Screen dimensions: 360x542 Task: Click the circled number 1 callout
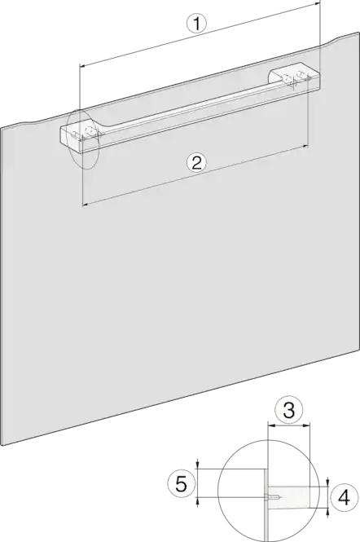pyautogui.click(x=196, y=24)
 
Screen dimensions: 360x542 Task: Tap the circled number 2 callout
pyautogui.click(x=196, y=162)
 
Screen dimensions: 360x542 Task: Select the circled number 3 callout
pyautogui.click(x=289, y=410)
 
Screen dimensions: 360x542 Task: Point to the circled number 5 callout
pyautogui.click(x=182, y=483)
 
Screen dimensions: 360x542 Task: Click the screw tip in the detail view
pyautogui.click(x=282, y=497)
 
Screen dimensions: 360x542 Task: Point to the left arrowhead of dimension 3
pyautogui.click(x=271, y=425)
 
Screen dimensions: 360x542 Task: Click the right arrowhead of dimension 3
pyautogui.click(x=308, y=425)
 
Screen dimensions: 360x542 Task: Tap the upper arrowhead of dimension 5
pyautogui.click(x=197, y=465)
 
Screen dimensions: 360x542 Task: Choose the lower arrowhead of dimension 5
pyautogui.click(x=197, y=501)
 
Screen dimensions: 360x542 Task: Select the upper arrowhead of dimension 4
pyautogui.click(x=328, y=483)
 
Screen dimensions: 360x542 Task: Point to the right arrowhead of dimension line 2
pyautogui.click(x=305, y=147)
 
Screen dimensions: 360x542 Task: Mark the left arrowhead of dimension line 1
pyautogui.click(x=82, y=65)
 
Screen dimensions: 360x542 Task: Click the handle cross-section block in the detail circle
pyautogui.click(x=288, y=497)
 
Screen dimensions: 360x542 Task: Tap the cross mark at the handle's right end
pyautogui.click(x=294, y=83)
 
